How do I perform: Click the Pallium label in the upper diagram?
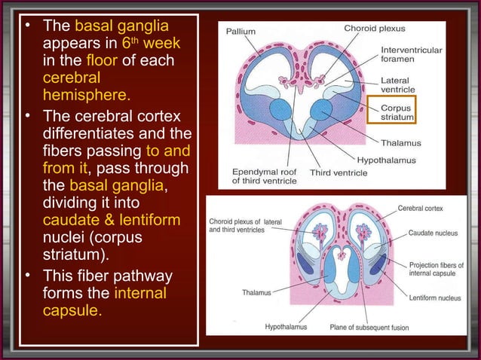tap(240, 32)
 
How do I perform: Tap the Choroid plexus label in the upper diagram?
tap(374, 29)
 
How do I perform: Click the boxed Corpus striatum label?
tap(396, 113)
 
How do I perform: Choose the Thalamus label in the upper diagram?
tap(400, 142)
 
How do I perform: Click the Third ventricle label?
tap(339, 172)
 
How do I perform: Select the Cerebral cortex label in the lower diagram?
tap(421, 208)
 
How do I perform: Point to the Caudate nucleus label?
tap(433, 233)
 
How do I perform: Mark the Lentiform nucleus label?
tap(435, 298)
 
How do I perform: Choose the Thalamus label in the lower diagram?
tap(258, 291)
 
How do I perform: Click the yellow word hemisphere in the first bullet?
tap(87, 96)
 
